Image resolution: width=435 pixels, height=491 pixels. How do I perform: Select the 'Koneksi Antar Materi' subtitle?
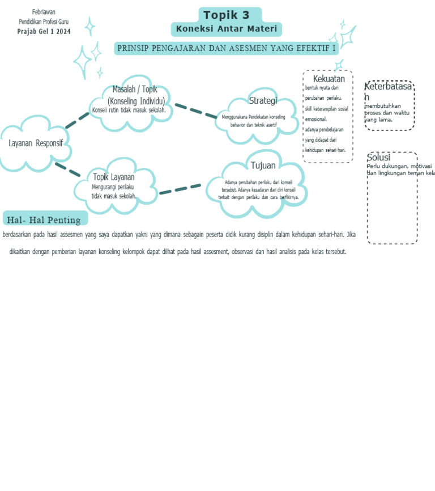click(226, 29)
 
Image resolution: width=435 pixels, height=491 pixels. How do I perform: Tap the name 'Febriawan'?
click(44, 12)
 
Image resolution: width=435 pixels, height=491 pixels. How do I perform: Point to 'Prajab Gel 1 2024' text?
click(44, 32)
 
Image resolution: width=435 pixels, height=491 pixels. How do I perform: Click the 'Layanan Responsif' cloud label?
click(36, 143)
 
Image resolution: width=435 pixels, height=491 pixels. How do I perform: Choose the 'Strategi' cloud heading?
click(263, 101)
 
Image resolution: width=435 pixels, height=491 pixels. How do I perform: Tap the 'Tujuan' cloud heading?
click(263, 166)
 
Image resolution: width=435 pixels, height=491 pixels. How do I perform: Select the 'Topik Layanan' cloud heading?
click(114, 177)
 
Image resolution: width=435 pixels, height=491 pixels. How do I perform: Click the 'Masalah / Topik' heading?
click(135, 89)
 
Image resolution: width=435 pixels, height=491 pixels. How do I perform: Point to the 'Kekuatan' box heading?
click(329, 79)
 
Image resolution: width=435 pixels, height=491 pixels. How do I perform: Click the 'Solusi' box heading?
click(378, 158)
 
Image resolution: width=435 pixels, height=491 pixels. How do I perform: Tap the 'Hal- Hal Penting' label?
click(44, 220)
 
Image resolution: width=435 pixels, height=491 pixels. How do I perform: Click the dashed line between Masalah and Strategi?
click(195, 111)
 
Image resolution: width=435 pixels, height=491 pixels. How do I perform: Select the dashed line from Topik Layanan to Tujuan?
click(180, 189)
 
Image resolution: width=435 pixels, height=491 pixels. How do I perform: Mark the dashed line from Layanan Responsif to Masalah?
click(77, 120)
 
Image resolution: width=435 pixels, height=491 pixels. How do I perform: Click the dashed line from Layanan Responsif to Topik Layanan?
click(67, 170)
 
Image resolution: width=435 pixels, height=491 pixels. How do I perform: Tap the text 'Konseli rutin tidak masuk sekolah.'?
click(129, 111)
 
